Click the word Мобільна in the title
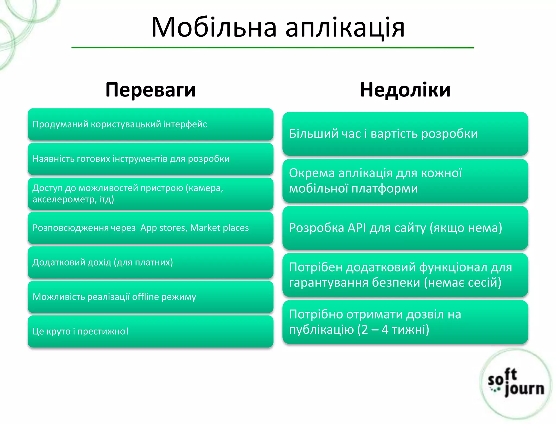pyautogui.click(x=214, y=27)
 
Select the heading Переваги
pyautogui.click(x=150, y=90)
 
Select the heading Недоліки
pyautogui.click(x=405, y=90)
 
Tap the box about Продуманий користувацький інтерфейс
pyautogui.click(x=150, y=124)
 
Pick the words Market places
pyautogui.click(x=219, y=228)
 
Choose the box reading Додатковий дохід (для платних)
pyautogui.click(x=150, y=262)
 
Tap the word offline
pyautogui.click(x=145, y=297)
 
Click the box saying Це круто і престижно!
pyautogui.click(x=150, y=331)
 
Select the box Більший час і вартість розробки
pyautogui.click(x=405, y=134)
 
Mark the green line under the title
pyautogui.click(x=273, y=48)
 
